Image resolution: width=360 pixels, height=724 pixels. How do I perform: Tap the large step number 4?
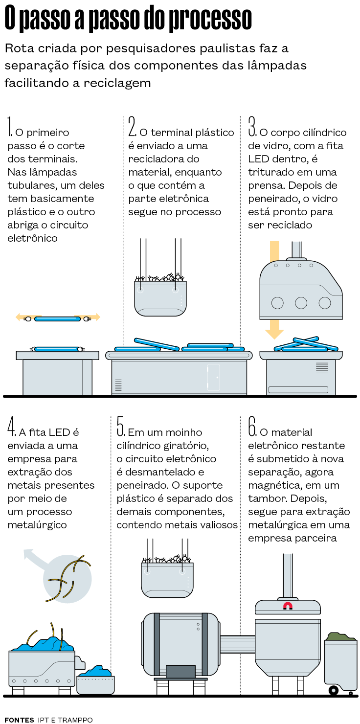(x=12, y=427)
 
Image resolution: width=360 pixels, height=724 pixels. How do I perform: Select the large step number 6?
(x=252, y=427)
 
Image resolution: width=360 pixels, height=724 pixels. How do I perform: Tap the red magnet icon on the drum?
(x=288, y=606)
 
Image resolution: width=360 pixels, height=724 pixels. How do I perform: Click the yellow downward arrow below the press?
(x=274, y=330)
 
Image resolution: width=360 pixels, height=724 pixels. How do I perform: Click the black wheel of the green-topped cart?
(x=334, y=690)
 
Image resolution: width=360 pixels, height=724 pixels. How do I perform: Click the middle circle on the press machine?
(x=301, y=303)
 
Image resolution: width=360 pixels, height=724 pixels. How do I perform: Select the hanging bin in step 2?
(x=160, y=298)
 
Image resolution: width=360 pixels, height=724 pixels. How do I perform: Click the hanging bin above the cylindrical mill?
(x=167, y=580)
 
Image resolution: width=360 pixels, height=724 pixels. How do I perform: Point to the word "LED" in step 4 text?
(x=61, y=432)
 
